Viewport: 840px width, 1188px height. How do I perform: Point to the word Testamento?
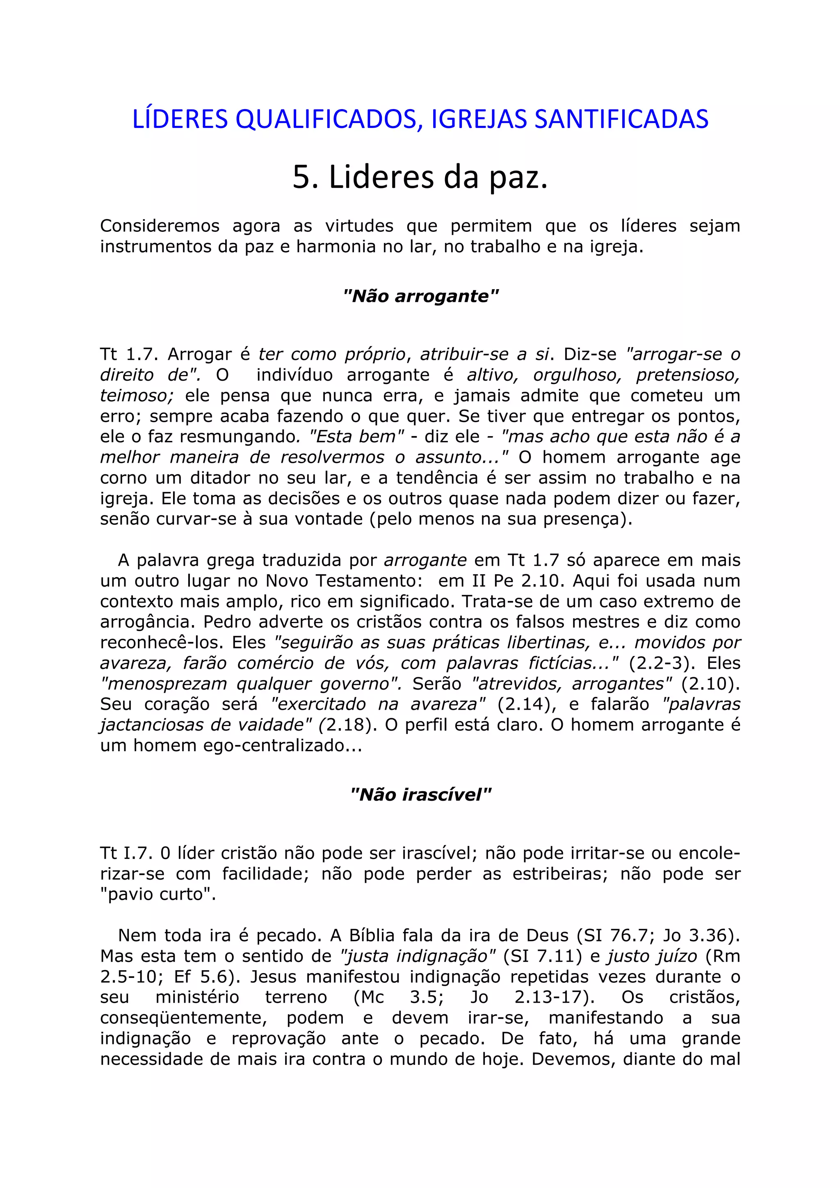(x=366, y=581)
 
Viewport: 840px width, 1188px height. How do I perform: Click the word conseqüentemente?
(x=183, y=1018)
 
